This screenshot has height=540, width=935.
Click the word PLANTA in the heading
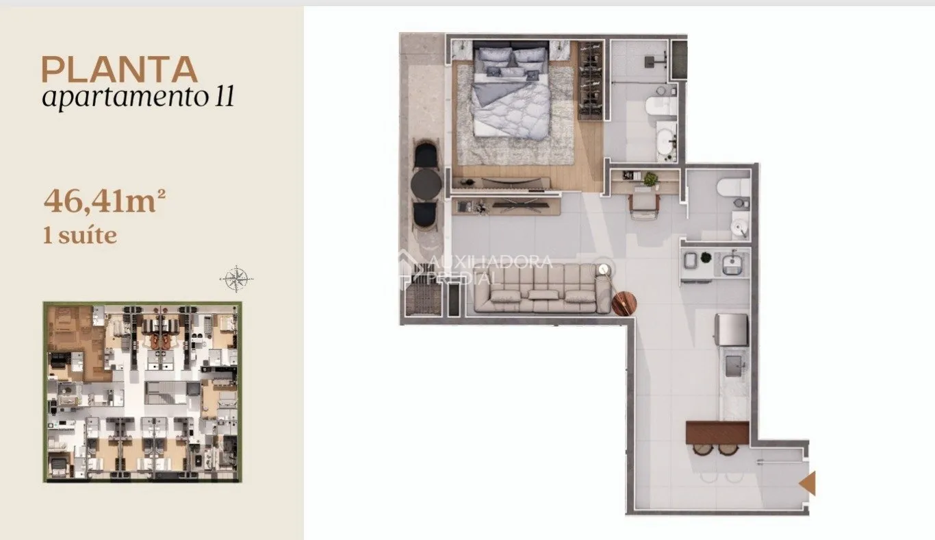119,70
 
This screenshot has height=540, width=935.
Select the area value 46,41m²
104,201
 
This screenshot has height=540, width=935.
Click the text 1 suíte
79,236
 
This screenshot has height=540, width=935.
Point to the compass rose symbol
236,278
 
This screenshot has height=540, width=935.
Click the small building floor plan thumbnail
142,392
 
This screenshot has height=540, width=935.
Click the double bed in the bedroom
511,90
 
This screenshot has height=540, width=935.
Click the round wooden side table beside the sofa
624,304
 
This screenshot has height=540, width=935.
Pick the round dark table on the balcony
426,183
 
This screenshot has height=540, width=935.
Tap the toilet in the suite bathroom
661,106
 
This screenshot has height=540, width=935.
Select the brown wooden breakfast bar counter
717,432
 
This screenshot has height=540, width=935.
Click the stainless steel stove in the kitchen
731,330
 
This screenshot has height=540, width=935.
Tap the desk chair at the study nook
644,206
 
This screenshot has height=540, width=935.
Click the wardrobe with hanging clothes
591,79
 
